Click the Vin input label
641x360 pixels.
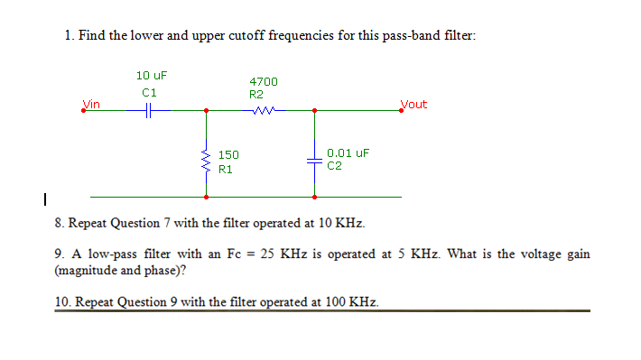pyautogui.click(x=91, y=104)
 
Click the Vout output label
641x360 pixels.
pyautogui.click(x=413, y=104)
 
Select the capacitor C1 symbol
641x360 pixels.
pyautogui.click(x=151, y=111)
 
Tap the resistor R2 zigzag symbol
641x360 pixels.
pyautogui.click(x=265, y=111)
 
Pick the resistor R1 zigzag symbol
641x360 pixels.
pyautogui.click(x=207, y=162)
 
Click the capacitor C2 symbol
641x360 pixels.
pyautogui.click(x=314, y=161)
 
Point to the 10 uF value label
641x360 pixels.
pyautogui.click(x=151, y=75)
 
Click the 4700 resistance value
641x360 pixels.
pyautogui.click(x=264, y=82)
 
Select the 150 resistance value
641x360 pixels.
pyautogui.click(x=228, y=155)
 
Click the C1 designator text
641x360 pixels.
pyautogui.click(x=150, y=92)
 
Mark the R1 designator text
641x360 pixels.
pyautogui.click(x=225, y=168)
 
